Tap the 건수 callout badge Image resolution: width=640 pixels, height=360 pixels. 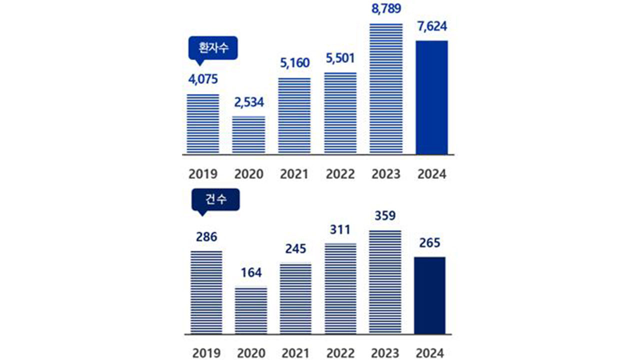216,199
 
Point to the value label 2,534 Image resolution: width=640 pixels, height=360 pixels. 248,102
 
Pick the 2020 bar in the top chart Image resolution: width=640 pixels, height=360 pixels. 249,134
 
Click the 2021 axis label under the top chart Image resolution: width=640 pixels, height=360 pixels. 294,174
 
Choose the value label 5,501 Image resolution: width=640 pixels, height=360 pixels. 340,58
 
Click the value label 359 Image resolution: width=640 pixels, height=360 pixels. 385,216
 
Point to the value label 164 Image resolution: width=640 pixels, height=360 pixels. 250,273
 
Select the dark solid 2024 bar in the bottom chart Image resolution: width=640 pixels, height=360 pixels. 429,295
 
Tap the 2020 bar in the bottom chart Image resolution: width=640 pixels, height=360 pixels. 251,310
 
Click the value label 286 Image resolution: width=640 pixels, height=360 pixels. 206,236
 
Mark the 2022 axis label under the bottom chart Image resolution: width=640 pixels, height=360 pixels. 340,353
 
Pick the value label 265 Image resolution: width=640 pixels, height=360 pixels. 429,243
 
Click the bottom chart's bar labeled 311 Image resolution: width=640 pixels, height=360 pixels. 340,288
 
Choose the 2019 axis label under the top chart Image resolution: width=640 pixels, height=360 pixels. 203,174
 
